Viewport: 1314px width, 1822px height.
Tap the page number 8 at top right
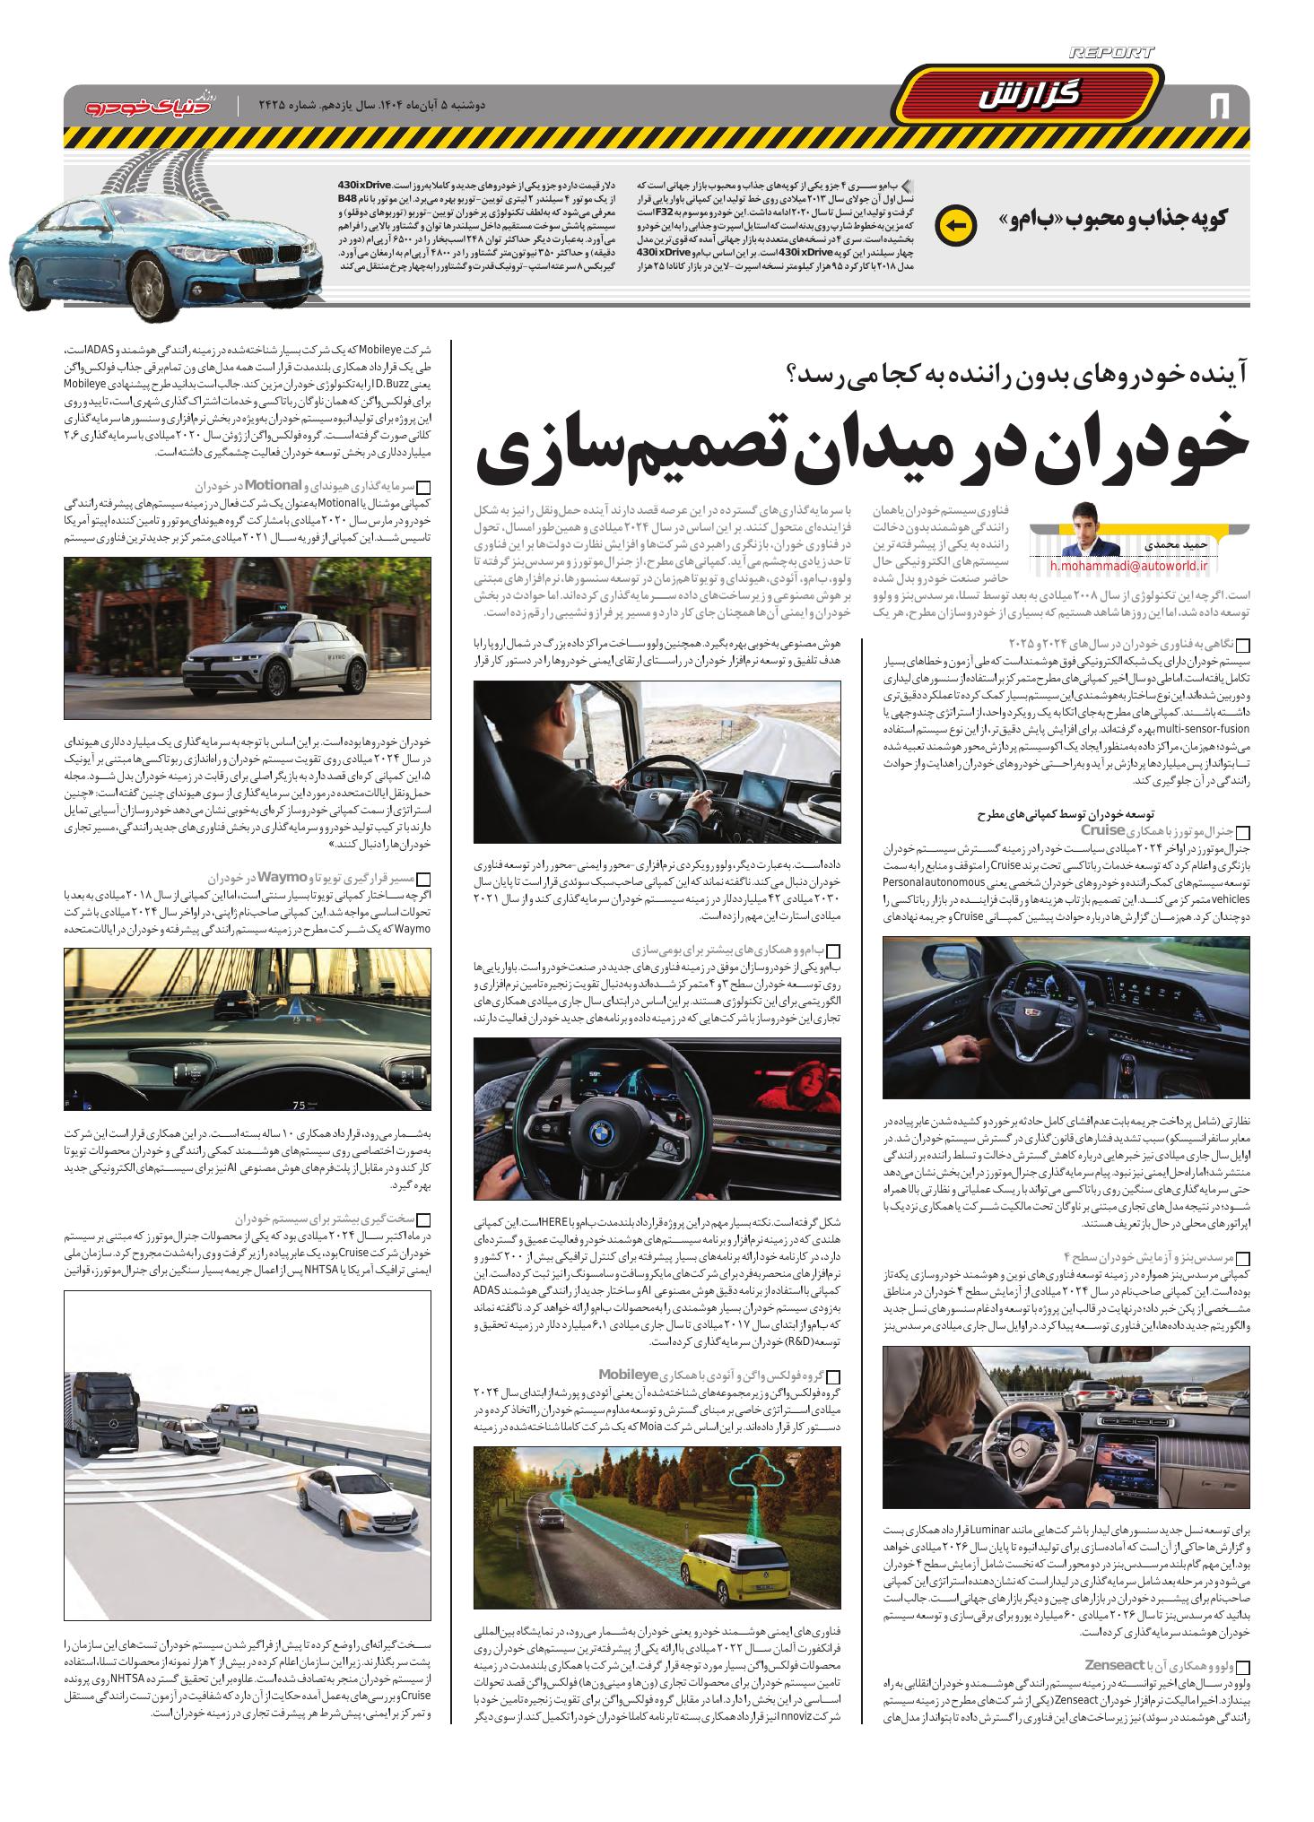tap(1219, 105)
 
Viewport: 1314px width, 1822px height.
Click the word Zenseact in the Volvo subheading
tap(1115, 1663)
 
